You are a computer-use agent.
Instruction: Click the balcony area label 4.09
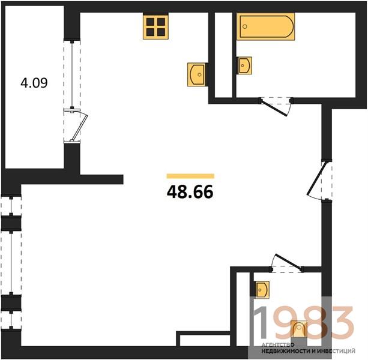[34, 83]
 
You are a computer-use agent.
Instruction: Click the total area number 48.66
[190, 191]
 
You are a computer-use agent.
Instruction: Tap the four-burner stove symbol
[155, 27]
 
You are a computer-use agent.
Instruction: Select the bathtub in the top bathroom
[265, 26]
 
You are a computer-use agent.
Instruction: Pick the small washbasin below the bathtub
[244, 65]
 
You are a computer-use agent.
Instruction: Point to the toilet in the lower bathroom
[299, 329]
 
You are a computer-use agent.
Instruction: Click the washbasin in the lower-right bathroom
[262, 289]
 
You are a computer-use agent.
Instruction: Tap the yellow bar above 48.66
[190, 176]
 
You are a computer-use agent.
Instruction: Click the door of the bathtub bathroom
[274, 108]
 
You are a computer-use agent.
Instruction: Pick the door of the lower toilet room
[289, 262]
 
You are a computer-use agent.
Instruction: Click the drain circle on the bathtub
[245, 26]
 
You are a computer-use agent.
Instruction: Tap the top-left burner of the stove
[150, 22]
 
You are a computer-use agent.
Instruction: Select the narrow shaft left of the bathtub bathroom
[223, 55]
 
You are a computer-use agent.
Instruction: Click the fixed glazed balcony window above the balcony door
[72, 74]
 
